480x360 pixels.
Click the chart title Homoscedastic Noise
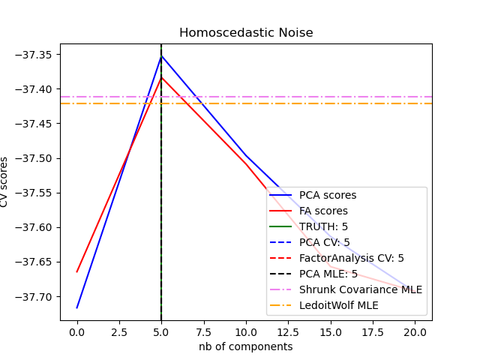[x=245, y=33]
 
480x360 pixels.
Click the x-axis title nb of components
[x=245, y=346]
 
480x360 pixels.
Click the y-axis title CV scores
[x=5, y=181]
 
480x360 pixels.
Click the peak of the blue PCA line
[x=161, y=55]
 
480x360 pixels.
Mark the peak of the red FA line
[x=161, y=77]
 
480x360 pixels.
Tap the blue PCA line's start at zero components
[x=77, y=307]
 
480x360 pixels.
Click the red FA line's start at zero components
[x=77, y=271]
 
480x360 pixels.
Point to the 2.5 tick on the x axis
[x=119, y=321]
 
